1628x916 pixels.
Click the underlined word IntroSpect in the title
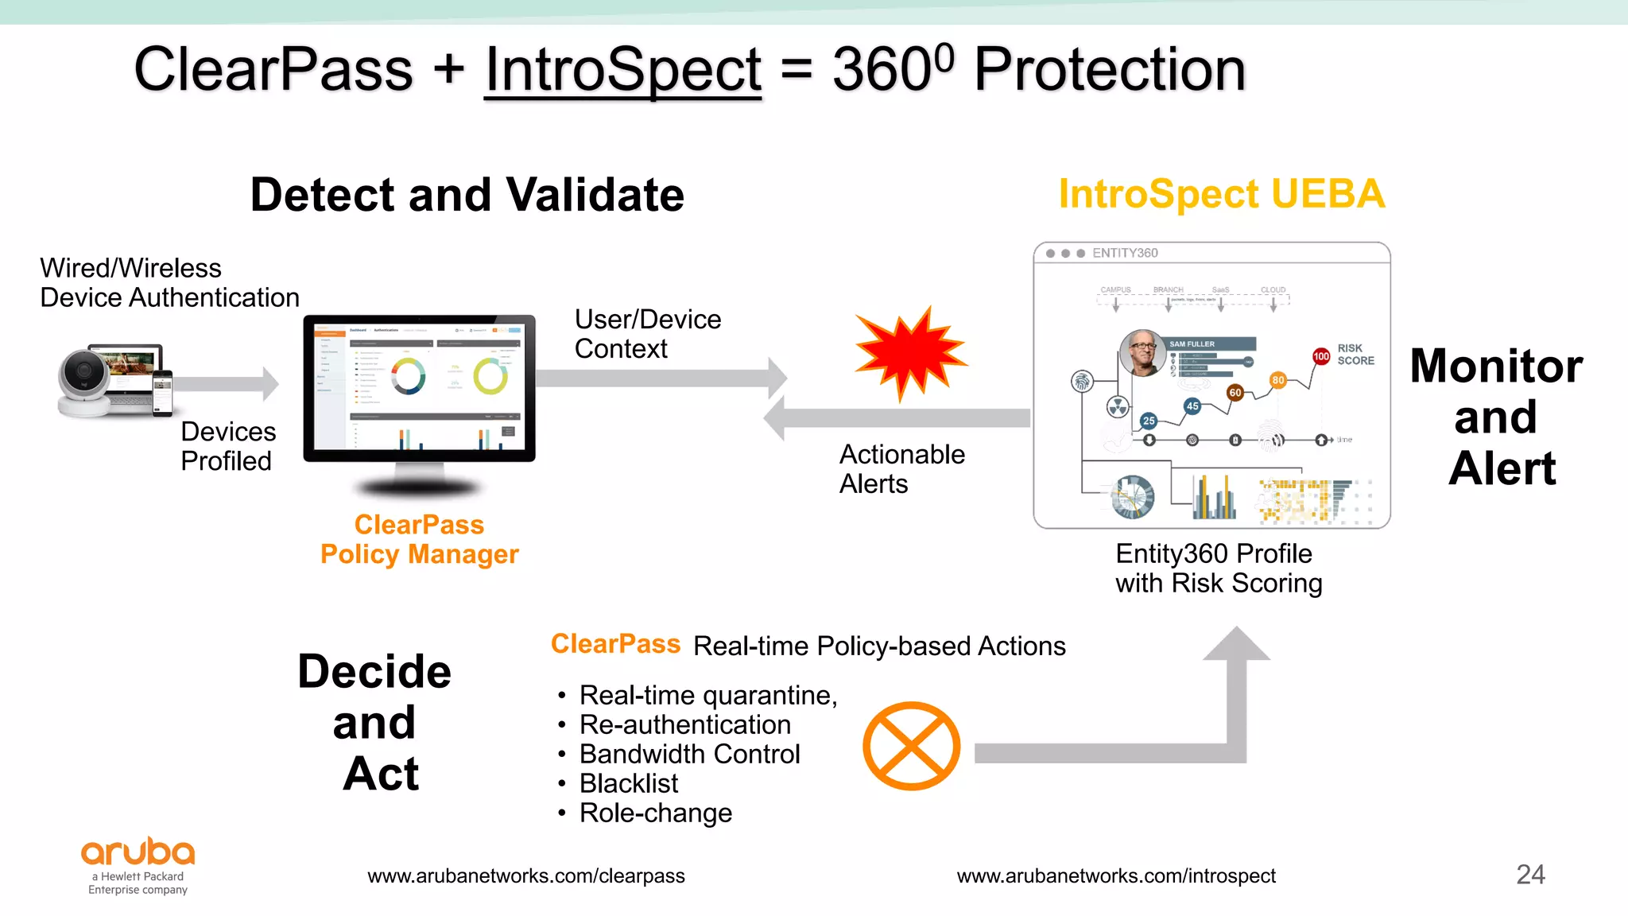click(622, 70)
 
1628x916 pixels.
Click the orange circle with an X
click(911, 746)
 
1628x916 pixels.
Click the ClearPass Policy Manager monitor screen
click(419, 387)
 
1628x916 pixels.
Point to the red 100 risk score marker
click(1321, 356)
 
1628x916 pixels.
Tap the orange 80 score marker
click(1277, 380)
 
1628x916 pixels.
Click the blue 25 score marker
click(1149, 421)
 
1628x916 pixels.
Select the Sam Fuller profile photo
click(1142, 353)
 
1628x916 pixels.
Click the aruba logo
click(138, 852)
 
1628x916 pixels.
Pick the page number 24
click(1530, 875)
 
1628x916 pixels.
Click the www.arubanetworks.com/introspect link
click(1116, 876)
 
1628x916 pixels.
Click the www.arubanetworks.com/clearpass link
click(525, 876)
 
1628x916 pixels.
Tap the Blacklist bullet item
click(628, 784)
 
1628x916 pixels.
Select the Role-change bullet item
click(655, 813)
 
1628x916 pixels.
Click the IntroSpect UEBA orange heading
click(1221, 195)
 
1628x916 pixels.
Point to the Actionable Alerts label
click(901, 469)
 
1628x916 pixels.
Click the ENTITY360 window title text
click(1124, 253)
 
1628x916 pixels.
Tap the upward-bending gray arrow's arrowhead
click(1236, 644)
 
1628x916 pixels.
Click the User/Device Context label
click(647, 334)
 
